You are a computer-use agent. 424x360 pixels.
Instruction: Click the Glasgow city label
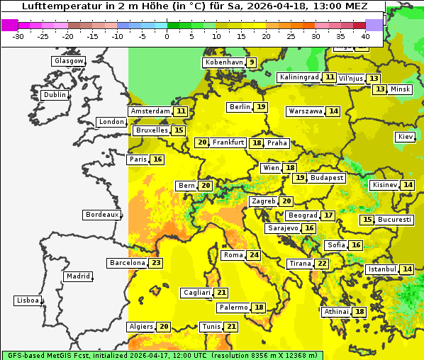pyautogui.click(x=68, y=61)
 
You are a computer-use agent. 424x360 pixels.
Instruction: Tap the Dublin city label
pyautogui.click(x=54, y=95)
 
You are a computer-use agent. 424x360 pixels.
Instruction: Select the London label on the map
pyautogui.click(x=111, y=122)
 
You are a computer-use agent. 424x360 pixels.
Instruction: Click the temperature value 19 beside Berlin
pyautogui.click(x=262, y=107)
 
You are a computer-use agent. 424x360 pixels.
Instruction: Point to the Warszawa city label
pyautogui.click(x=306, y=111)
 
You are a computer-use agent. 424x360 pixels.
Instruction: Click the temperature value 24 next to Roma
pyautogui.click(x=254, y=255)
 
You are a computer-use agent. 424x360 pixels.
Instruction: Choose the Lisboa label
pyautogui.click(x=28, y=300)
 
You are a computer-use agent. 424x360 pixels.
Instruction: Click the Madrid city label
pyautogui.click(x=77, y=276)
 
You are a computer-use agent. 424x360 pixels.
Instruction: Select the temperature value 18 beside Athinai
pyautogui.click(x=360, y=312)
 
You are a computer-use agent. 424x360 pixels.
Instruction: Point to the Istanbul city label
pyautogui.click(x=382, y=270)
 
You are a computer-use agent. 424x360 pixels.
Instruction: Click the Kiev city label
pyautogui.click(x=406, y=137)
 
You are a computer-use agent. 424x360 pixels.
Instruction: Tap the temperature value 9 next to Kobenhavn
pyautogui.click(x=252, y=62)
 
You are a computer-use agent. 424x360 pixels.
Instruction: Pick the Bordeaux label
pyautogui.click(x=101, y=215)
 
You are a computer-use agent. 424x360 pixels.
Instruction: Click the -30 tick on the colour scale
pyautogui.click(x=18, y=35)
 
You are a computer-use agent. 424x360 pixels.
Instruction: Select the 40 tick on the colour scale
pyautogui.click(x=365, y=35)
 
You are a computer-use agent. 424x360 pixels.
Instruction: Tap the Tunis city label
pyautogui.click(x=211, y=327)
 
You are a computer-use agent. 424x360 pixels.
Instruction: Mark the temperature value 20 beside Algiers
pyautogui.click(x=164, y=327)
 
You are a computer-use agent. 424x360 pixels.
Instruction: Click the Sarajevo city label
pyautogui.click(x=283, y=229)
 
